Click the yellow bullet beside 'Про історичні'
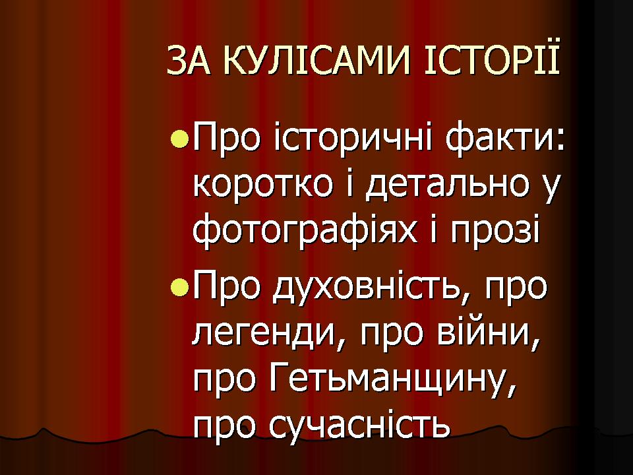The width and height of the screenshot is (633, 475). [x=179, y=139]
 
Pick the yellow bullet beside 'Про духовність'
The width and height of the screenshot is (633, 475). [x=179, y=287]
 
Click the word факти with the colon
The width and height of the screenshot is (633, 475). [x=505, y=140]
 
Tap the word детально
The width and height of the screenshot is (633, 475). [x=447, y=187]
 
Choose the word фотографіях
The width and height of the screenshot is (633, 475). [x=305, y=230]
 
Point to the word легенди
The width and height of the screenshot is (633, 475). [x=266, y=336]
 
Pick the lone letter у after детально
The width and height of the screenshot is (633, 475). [x=550, y=191]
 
